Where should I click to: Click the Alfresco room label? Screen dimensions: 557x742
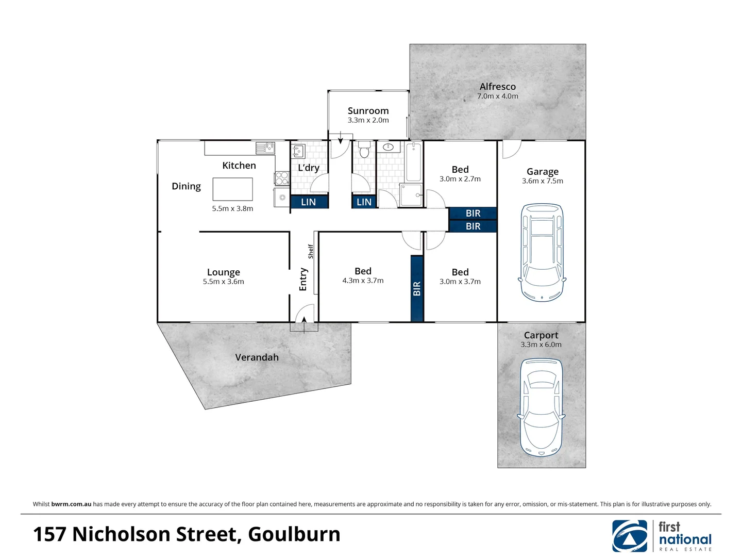[x=497, y=87]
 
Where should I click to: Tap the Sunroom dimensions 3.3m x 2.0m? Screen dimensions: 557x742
[x=368, y=120]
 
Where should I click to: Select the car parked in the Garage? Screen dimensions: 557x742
[x=542, y=252]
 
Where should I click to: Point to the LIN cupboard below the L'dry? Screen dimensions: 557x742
[x=309, y=202]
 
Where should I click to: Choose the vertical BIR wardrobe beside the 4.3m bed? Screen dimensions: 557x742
[x=417, y=289]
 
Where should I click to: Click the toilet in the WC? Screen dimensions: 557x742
[x=364, y=150]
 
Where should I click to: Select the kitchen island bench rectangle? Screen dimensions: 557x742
[x=232, y=189]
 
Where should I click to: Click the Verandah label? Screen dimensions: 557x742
[x=257, y=357]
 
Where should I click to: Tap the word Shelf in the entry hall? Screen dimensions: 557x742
[x=311, y=251]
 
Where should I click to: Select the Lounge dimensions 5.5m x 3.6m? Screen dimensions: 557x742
[x=223, y=282]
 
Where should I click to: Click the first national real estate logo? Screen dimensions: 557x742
[x=662, y=536]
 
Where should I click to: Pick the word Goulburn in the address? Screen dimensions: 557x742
[x=294, y=534]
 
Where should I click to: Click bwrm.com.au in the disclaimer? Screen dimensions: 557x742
[x=71, y=504]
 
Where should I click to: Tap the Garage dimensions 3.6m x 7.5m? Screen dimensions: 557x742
[x=542, y=181]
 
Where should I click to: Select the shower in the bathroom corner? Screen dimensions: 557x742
[x=411, y=195]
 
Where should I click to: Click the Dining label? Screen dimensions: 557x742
[x=186, y=186]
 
